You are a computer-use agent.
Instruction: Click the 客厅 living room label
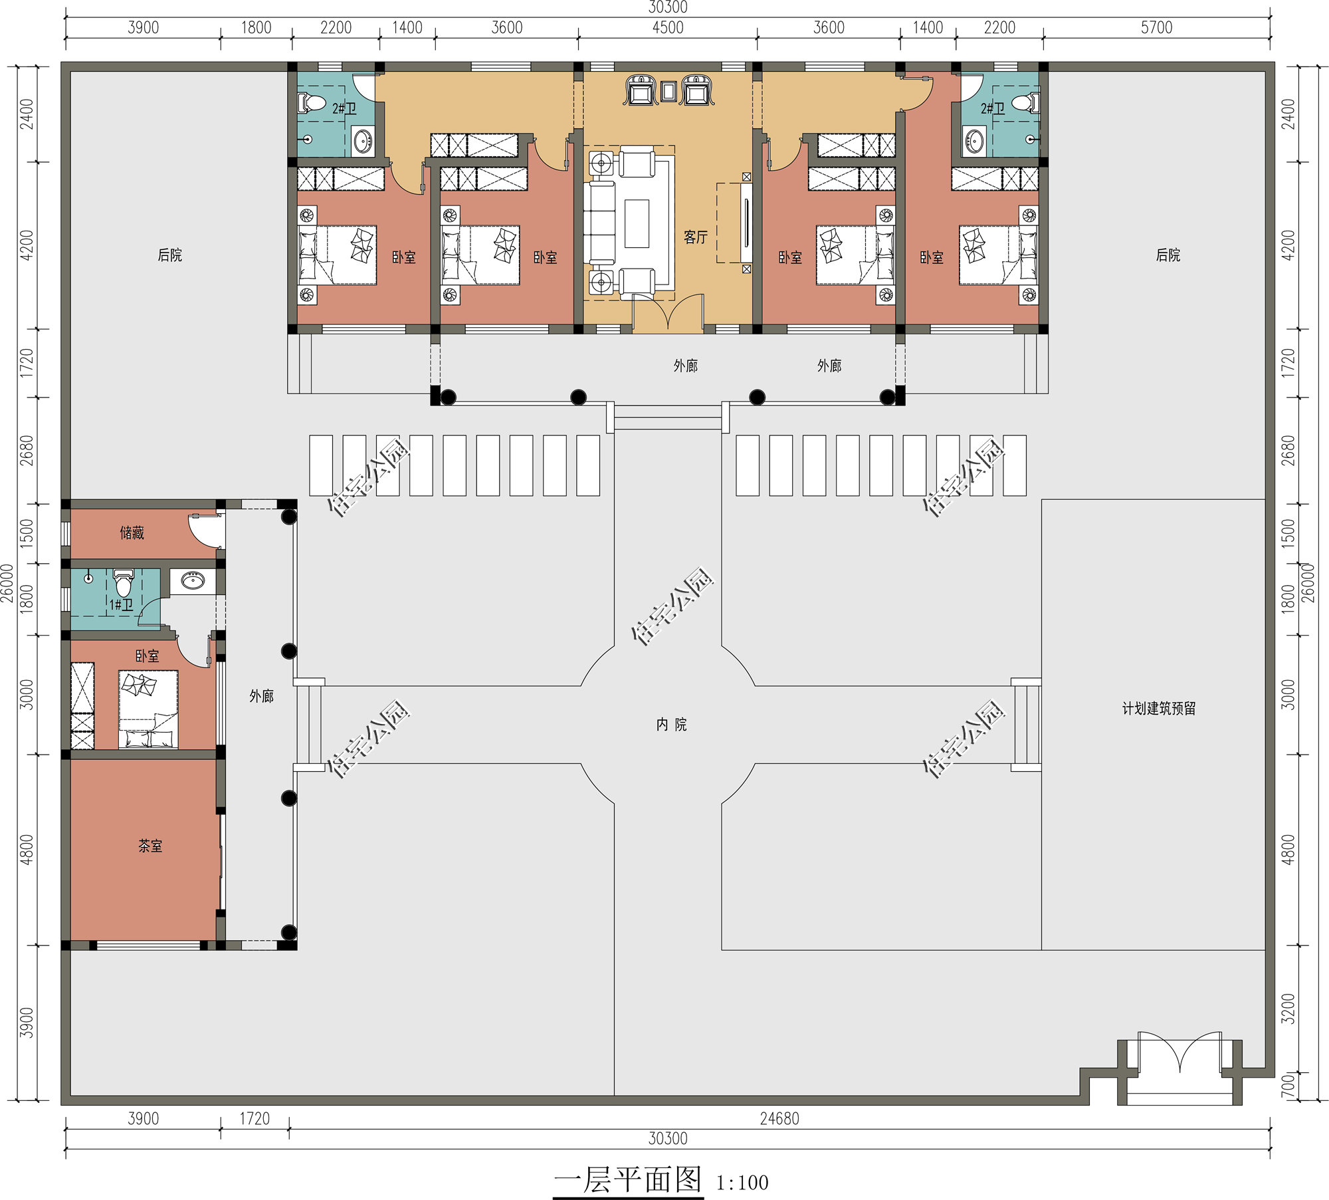click(x=696, y=237)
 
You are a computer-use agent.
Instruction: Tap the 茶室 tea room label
click(x=150, y=846)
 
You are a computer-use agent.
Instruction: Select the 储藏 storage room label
click(x=132, y=533)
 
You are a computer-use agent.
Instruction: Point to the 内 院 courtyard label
click(x=671, y=725)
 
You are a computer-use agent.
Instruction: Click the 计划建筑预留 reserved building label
click(x=1159, y=709)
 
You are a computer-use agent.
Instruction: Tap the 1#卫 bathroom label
click(x=122, y=605)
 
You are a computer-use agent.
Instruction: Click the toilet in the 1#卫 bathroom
click(x=124, y=583)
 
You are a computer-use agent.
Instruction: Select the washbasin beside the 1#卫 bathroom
click(x=193, y=581)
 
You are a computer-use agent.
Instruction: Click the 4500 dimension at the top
click(x=668, y=27)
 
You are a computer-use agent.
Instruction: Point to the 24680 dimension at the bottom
click(x=779, y=1119)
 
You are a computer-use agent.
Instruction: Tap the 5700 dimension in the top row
click(x=1157, y=27)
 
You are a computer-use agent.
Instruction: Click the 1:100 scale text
click(x=742, y=1183)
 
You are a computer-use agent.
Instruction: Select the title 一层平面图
click(x=628, y=1180)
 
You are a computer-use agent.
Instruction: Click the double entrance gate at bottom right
click(x=1179, y=1052)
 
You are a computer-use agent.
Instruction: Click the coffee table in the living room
click(x=637, y=223)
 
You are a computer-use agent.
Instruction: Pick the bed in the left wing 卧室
click(x=148, y=709)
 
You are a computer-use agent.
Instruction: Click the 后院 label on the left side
click(x=169, y=255)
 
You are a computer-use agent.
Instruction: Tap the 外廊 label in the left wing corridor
click(x=262, y=696)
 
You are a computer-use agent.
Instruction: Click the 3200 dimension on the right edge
click(x=1288, y=1009)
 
